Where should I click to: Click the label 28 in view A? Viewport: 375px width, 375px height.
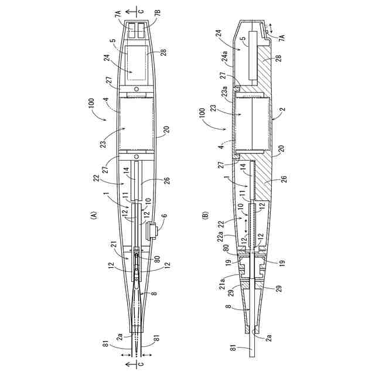[163, 53]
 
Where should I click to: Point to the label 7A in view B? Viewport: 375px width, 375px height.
[282, 37]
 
